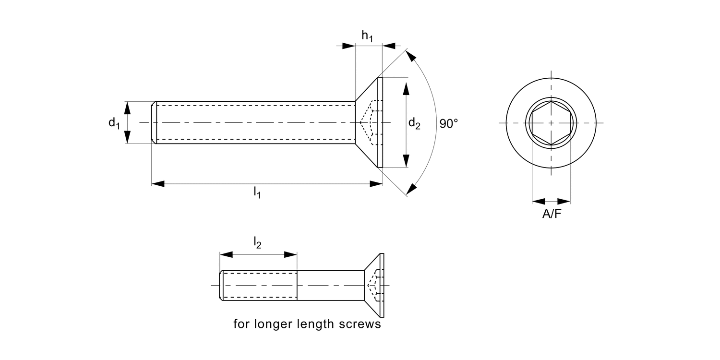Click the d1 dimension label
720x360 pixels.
(x=114, y=123)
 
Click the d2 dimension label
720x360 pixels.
(x=414, y=124)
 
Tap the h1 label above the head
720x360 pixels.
(x=367, y=36)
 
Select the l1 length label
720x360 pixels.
(x=257, y=193)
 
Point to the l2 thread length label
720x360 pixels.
(x=257, y=243)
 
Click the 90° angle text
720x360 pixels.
(x=449, y=124)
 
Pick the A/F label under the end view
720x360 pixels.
(x=552, y=214)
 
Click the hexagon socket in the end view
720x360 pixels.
(x=551, y=123)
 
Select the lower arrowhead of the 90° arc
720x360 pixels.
(x=411, y=189)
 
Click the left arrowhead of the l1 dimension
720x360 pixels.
(x=158, y=183)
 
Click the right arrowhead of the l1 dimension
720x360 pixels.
(x=376, y=183)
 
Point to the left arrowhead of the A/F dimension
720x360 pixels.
(x=539, y=201)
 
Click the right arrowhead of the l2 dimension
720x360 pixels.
(x=291, y=254)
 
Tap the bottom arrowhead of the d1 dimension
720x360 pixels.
(x=128, y=137)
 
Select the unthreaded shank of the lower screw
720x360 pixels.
(x=330, y=285)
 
